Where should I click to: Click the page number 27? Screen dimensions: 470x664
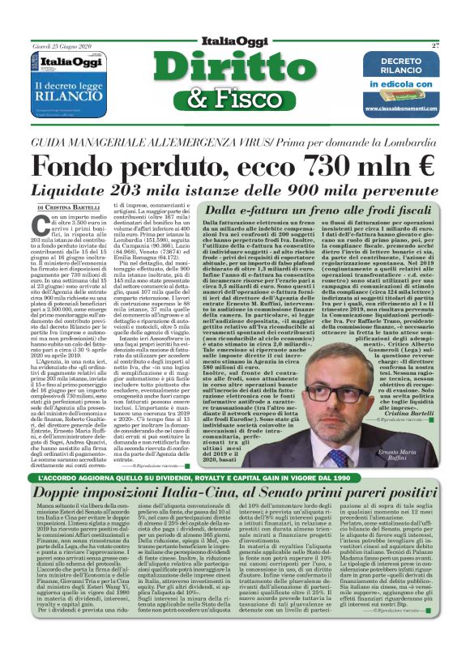click(435, 45)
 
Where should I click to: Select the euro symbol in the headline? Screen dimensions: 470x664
click(422, 166)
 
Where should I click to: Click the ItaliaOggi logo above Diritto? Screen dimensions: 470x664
click(235, 41)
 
